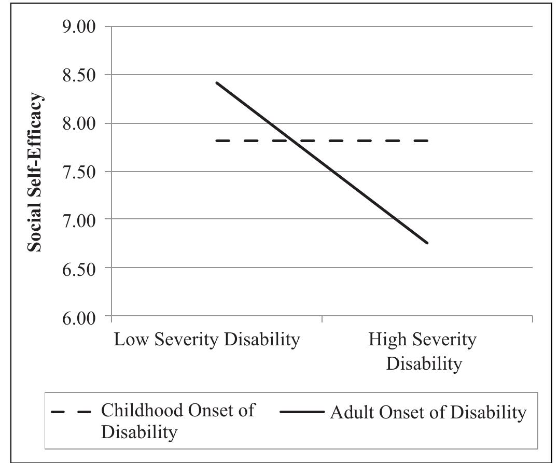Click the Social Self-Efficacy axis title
pyautogui.click(x=35, y=172)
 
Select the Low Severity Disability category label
pyautogui.click(x=207, y=340)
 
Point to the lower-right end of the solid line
pyautogui.click(x=428, y=243)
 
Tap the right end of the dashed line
pyautogui.click(x=427, y=141)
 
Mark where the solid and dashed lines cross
pyautogui.click(x=292, y=141)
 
